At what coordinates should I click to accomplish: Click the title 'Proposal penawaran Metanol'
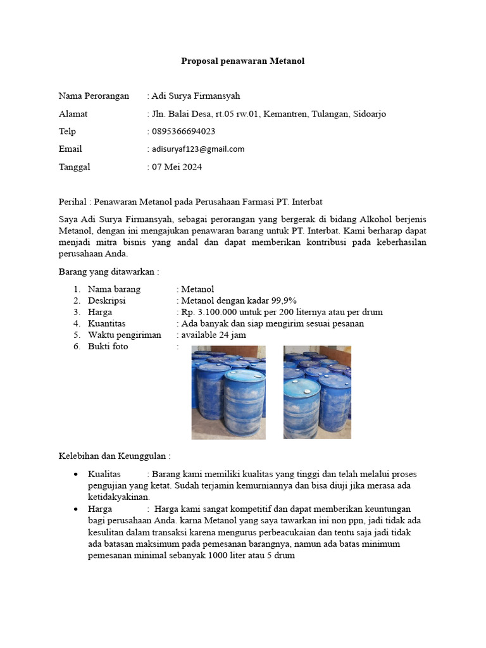(243, 61)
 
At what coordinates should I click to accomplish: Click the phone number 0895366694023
(184, 132)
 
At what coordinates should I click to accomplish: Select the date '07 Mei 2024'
(177, 167)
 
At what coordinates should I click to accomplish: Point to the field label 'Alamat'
(73, 114)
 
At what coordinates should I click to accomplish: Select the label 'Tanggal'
(74, 167)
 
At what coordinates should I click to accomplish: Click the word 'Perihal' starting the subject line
(72, 202)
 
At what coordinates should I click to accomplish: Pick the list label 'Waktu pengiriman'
(124, 335)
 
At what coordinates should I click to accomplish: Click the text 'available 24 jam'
(214, 335)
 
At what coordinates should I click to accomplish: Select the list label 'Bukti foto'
(108, 346)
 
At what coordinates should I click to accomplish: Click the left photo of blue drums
(228, 392)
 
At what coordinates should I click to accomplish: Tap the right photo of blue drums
(317, 392)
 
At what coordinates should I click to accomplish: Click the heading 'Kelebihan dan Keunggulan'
(114, 456)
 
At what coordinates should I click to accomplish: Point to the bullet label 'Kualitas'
(104, 474)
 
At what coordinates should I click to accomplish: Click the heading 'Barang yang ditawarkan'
(109, 271)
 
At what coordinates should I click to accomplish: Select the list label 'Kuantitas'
(107, 323)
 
